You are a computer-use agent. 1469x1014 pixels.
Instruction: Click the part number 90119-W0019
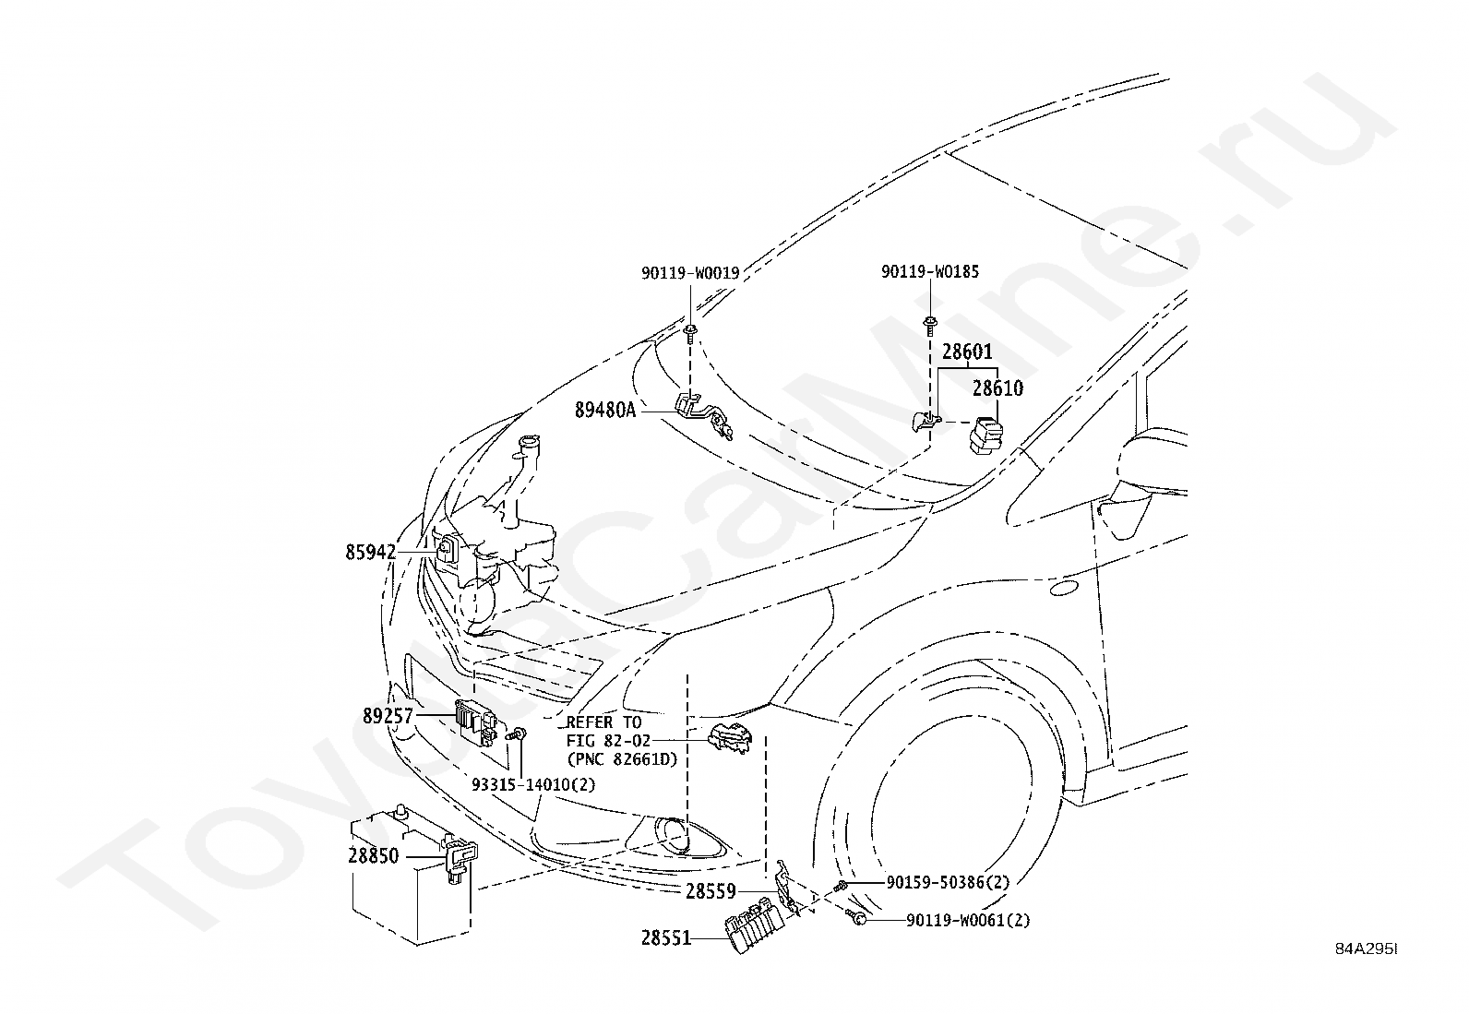click(x=690, y=273)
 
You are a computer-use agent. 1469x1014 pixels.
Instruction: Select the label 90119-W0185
click(x=930, y=271)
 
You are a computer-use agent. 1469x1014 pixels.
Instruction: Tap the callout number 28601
click(x=967, y=352)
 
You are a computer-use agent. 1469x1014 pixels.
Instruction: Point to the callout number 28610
click(x=997, y=388)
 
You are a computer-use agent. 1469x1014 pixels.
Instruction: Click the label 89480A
click(x=605, y=411)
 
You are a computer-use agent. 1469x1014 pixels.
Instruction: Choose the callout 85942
click(x=371, y=553)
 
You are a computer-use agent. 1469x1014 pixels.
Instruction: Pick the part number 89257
click(x=388, y=716)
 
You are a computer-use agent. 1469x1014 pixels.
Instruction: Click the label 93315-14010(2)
click(x=533, y=784)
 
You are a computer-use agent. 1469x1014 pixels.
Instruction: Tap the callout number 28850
click(x=373, y=856)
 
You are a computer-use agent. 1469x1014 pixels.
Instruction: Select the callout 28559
click(x=711, y=891)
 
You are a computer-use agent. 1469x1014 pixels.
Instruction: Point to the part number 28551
click(x=666, y=938)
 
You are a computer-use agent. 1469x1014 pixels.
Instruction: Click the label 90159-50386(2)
click(x=949, y=883)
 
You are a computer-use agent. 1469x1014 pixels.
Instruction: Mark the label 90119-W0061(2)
click(x=968, y=921)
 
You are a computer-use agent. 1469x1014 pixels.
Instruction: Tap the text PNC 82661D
click(x=622, y=759)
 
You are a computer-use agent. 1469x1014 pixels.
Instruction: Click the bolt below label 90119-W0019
click(x=690, y=333)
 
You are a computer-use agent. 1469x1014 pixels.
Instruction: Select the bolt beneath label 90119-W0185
click(x=930, y=326)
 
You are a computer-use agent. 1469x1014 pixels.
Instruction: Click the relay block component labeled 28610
click(x=986, y=435)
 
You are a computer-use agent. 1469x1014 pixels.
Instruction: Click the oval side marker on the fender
click(x=1064, y=588)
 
